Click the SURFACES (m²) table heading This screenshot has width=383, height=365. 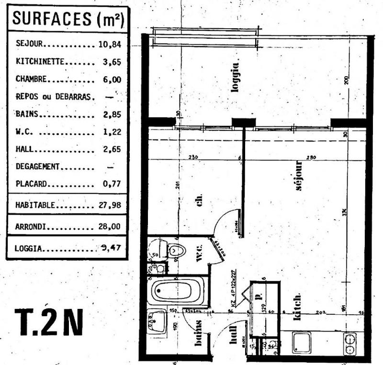(x=67, y=19)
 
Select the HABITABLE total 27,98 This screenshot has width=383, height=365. (x=111, y=205)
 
